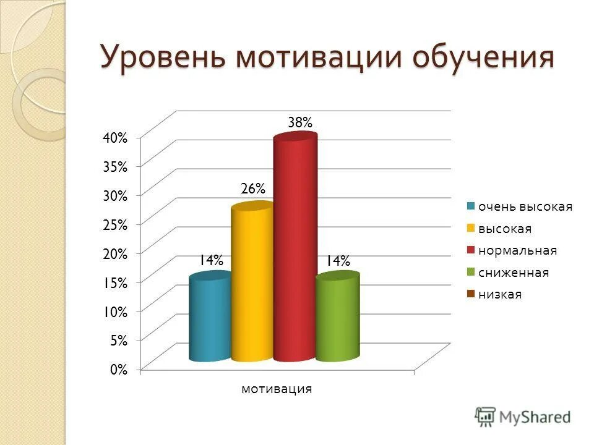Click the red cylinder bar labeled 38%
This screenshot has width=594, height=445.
pos(295,247)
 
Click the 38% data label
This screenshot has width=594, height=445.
pos(300,123)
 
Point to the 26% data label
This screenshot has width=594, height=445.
pos(252,187)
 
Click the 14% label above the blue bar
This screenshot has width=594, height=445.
pos(210,261)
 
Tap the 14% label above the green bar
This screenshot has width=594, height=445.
pos(338,261)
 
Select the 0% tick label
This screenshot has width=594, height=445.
pos(119,370)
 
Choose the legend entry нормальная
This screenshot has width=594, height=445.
pos(517,250)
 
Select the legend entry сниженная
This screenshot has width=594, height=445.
pos(513,273)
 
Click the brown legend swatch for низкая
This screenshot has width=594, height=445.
pos(471,294)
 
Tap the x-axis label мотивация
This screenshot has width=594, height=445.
pos(276,389)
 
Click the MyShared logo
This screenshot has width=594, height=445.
pos(523,417)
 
